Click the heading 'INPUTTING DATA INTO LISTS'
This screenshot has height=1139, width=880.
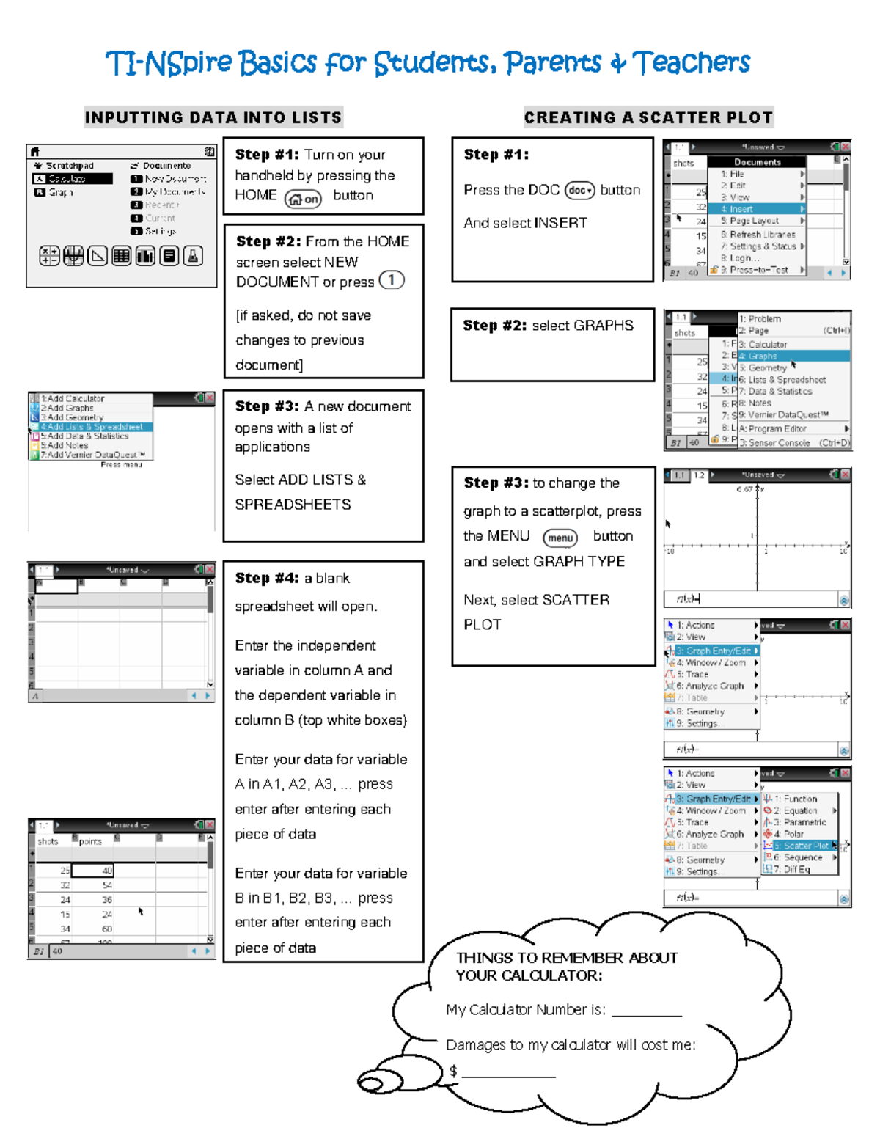213,117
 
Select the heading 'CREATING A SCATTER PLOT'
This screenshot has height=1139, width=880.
648,117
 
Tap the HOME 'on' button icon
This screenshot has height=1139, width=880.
303,199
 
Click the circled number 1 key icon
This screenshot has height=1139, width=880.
392,280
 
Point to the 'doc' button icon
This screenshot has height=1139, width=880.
579,191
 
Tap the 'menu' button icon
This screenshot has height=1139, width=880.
560,538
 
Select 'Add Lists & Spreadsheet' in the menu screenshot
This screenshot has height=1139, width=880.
92,427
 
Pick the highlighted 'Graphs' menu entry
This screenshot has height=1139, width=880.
763,356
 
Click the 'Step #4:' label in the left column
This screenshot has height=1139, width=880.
267,578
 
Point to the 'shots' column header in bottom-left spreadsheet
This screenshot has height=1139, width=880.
48,841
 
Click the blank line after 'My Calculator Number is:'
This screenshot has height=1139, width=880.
646,1012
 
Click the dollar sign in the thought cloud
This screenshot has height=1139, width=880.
453,1072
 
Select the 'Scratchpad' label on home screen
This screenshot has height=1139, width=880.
70,166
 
